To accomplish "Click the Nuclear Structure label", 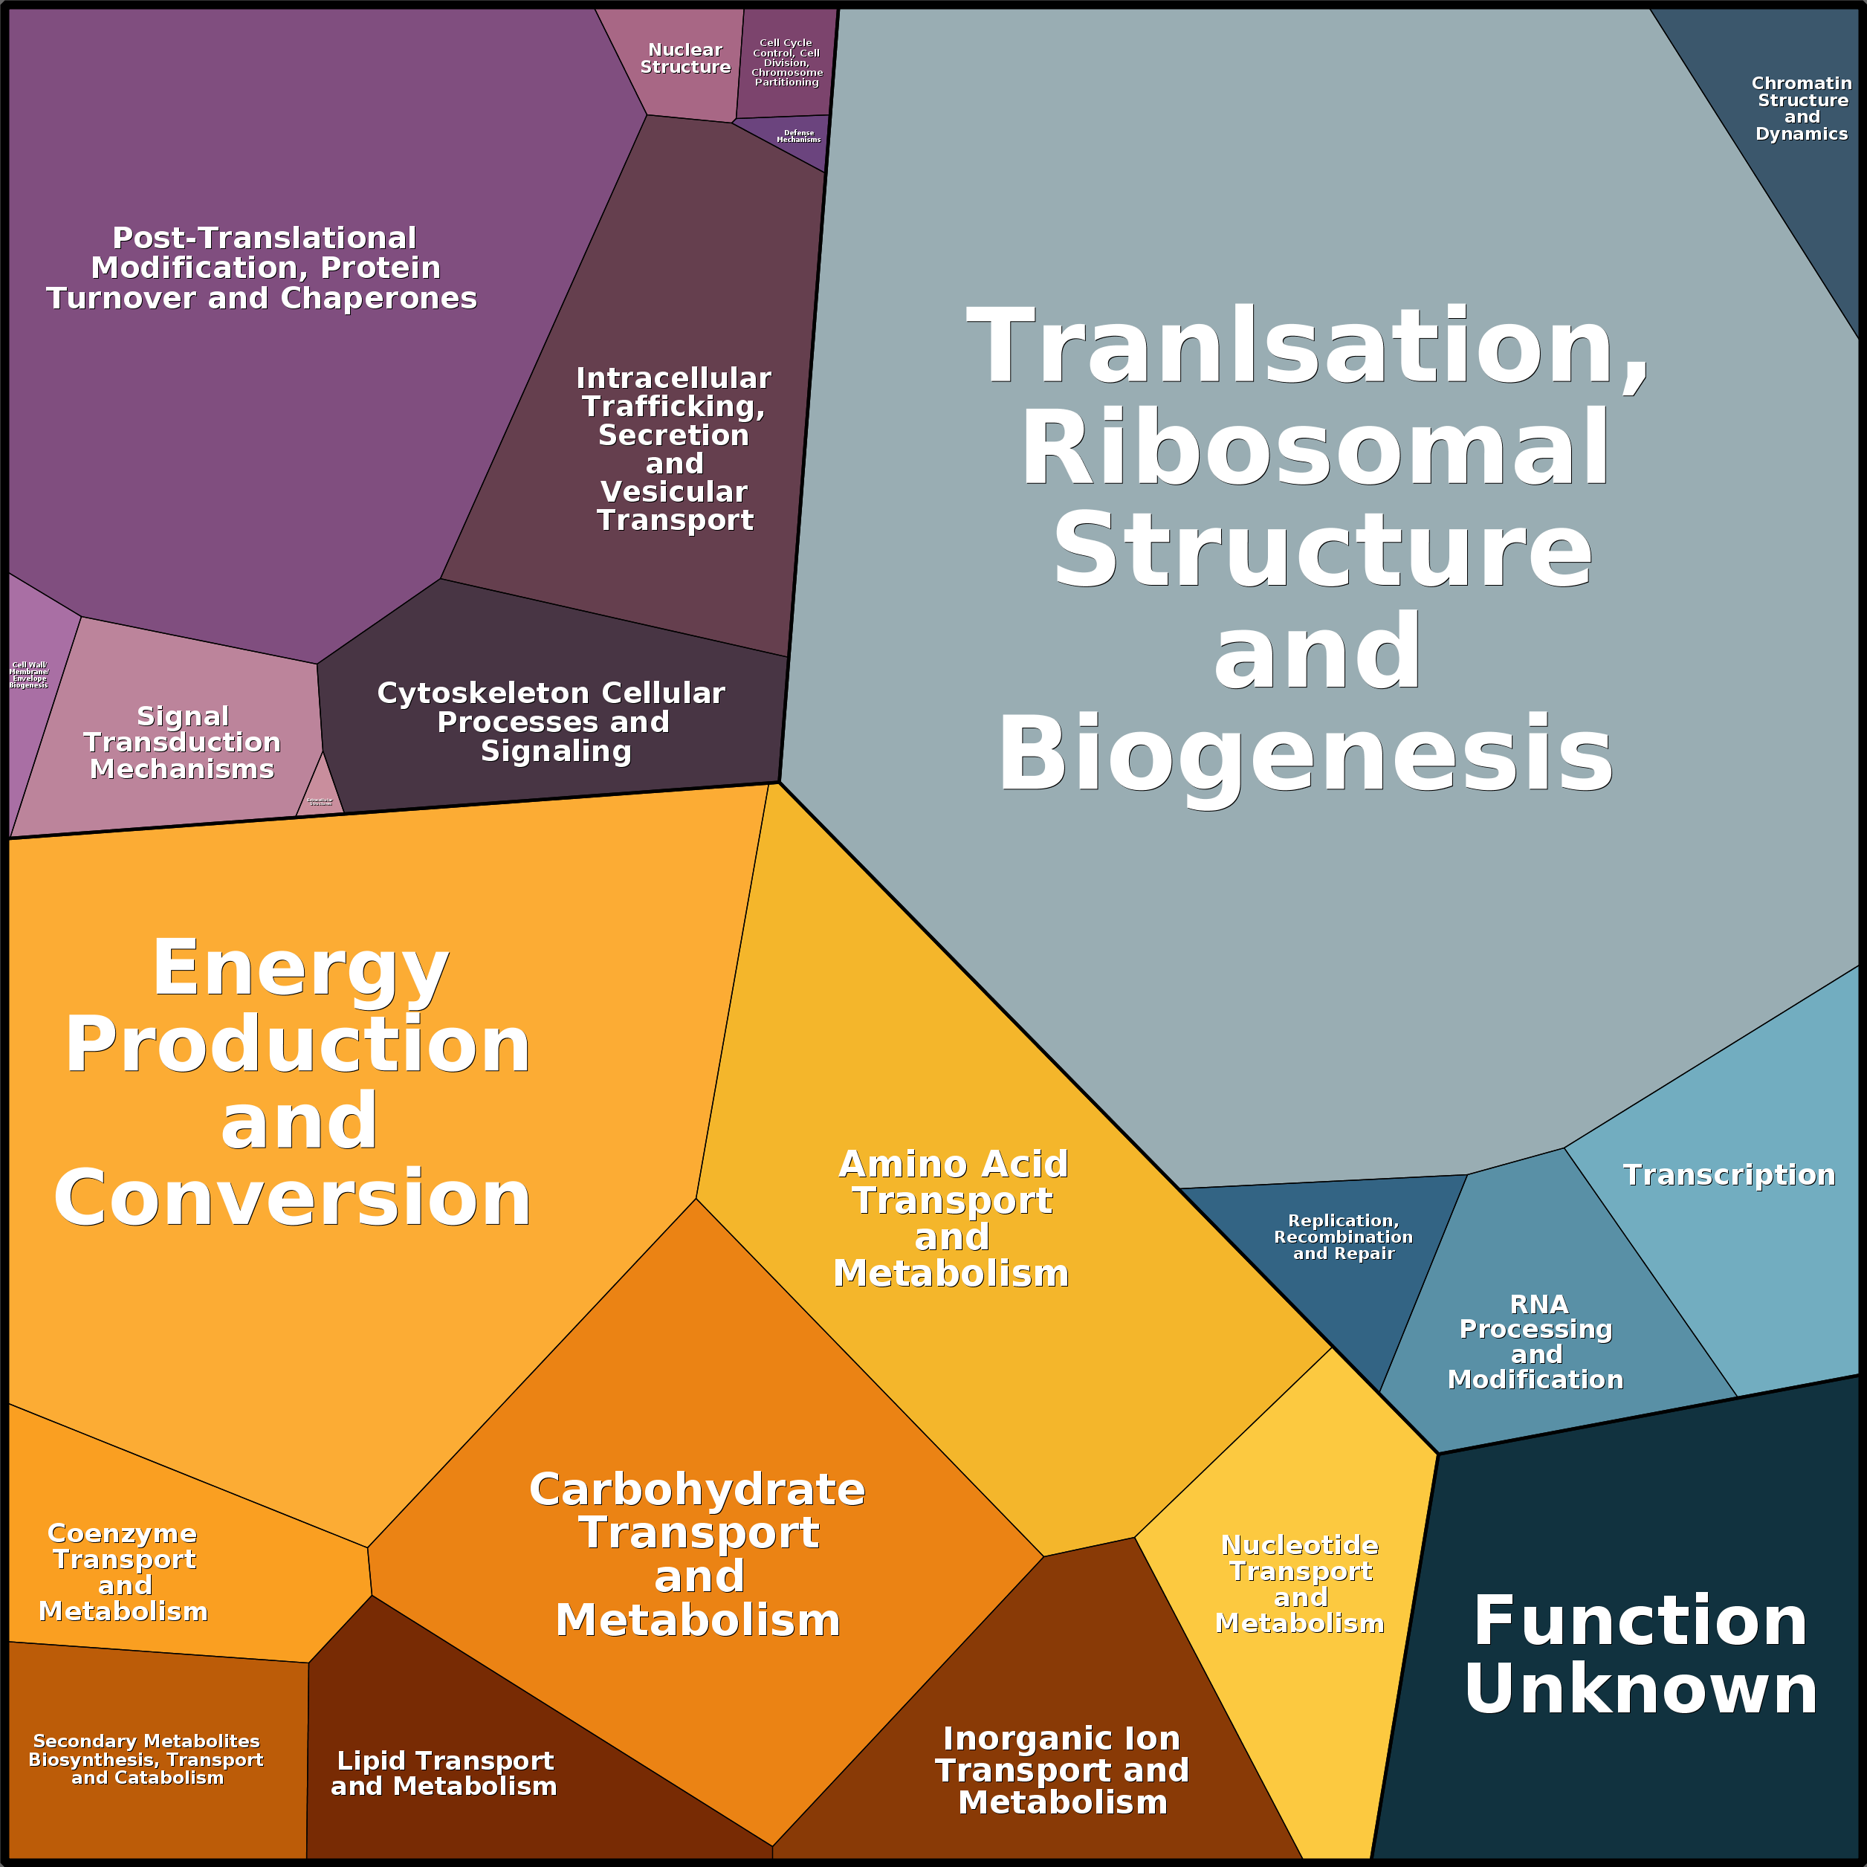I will coord(685,58).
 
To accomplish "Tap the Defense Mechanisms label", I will coord(798,136).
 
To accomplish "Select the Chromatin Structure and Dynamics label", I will coord(1802,109).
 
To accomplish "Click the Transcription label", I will coord(1728,1175).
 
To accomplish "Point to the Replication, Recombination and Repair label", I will coord(1343,1237).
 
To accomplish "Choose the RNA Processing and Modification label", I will coord(1536,1342).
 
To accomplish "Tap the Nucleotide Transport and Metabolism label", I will coord(1300,1584).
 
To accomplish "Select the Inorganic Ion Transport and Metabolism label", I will coord(1062,1770).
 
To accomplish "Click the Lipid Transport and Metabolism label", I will coord(444,1773).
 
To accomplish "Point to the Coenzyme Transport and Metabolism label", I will coord(123,1572).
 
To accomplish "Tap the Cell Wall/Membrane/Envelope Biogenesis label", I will coord(29,675).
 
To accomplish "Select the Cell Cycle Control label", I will coord(786,63).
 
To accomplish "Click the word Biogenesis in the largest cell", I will coord(1304,754).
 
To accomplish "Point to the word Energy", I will coord(300,968).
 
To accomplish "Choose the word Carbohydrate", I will coord(696,1489).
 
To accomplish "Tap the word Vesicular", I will coord(673,492).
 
